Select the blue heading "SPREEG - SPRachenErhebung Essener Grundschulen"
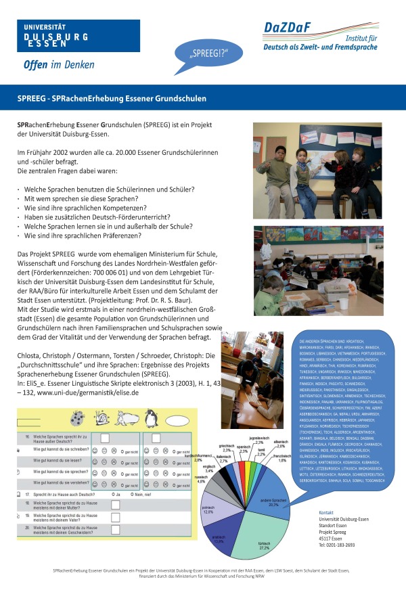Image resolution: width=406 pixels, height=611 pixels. [x=112, y=98]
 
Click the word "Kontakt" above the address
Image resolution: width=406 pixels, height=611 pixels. [x=327, y=513]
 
